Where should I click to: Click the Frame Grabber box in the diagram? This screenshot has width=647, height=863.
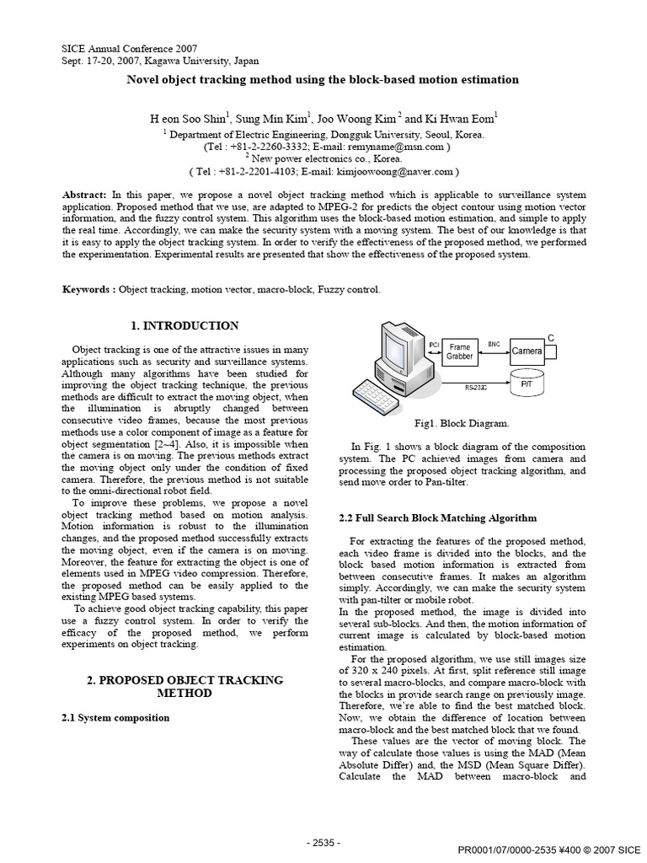[x=460, y=351]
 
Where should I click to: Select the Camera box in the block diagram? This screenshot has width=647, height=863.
[x=527, y=351]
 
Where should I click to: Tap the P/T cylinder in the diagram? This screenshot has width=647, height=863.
[x=527, y=383]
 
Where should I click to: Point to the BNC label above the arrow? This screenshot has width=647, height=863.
[x=494, y=344]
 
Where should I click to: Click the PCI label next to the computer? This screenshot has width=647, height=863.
[x=435, y=345]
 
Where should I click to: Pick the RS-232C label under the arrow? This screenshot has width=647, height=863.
[x=476, y=387]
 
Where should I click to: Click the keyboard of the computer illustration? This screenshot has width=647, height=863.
[x=377, y=395]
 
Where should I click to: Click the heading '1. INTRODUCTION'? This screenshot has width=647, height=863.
[x=185, y=325]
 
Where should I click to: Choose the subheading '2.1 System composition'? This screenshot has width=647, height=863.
[x=116, y=717]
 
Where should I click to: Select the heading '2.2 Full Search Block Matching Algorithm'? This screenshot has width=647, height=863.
[x=437, y=517]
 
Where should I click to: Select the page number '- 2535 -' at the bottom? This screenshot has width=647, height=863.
[x=323, y=841]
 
